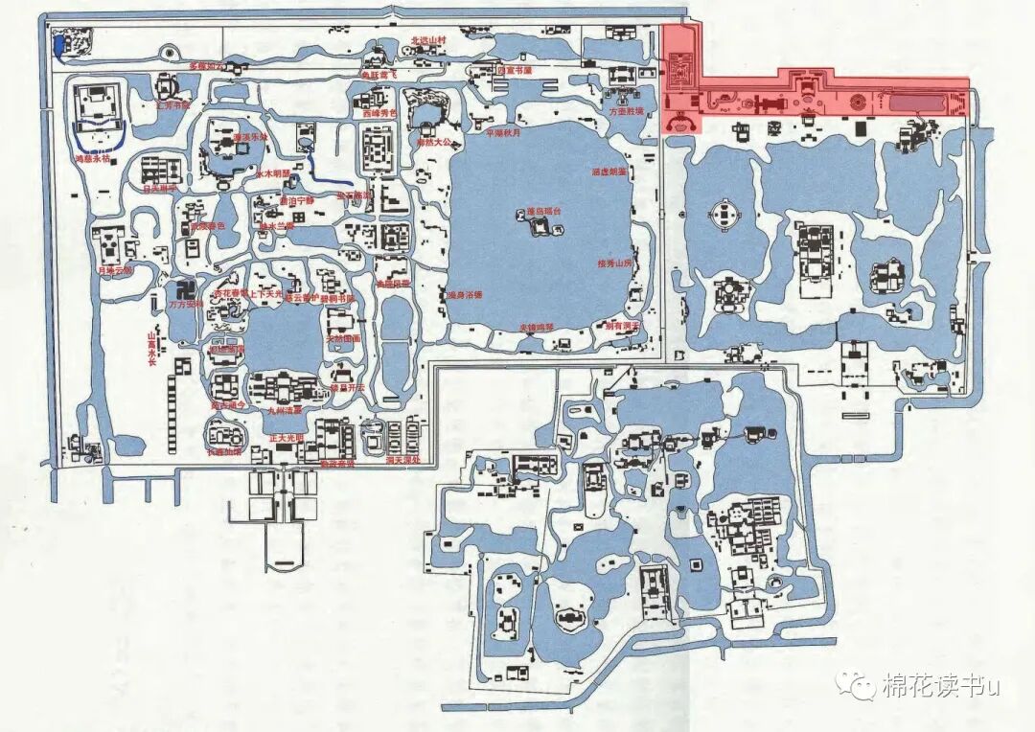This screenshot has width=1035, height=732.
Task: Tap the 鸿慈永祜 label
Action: (93, 159)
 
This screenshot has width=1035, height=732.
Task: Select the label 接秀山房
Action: (614, 263)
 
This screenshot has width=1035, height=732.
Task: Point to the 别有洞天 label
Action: (621, 326)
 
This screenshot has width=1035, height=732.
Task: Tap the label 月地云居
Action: (113, 270)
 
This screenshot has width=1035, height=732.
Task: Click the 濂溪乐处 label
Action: (249, 137)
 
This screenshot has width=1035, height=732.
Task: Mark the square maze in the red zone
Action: (683, 71)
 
